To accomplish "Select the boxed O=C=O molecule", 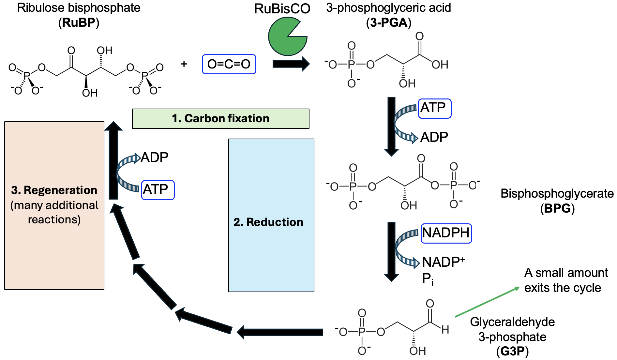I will tap(229, 64).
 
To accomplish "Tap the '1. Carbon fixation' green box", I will tap(220, 118).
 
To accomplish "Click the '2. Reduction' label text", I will tap(268, 222).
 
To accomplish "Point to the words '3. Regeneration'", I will tap(54, 190).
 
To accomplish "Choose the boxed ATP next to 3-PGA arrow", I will tap(434, 108).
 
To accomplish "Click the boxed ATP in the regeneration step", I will tap(158, 190).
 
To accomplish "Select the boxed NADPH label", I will tap(446, 233).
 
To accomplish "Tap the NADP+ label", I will tap(443, 262).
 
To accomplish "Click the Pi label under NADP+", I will tap(428, 279).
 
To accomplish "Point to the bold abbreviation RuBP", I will tap(79, 23).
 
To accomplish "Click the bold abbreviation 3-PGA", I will tap(388, 23).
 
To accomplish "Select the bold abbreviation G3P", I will tap(512, 352).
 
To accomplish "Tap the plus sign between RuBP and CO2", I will tap(184, 64).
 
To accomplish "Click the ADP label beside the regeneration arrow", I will tap(155, 157).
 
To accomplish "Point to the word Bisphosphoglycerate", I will tap(557, 194).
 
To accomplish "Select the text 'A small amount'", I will tap(566, 273).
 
